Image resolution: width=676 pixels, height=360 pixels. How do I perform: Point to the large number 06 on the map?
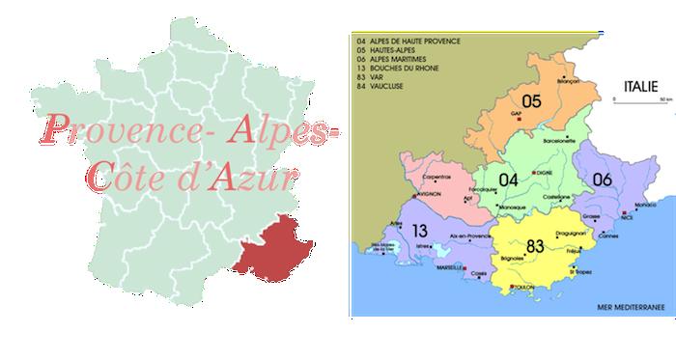point(602,179)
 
